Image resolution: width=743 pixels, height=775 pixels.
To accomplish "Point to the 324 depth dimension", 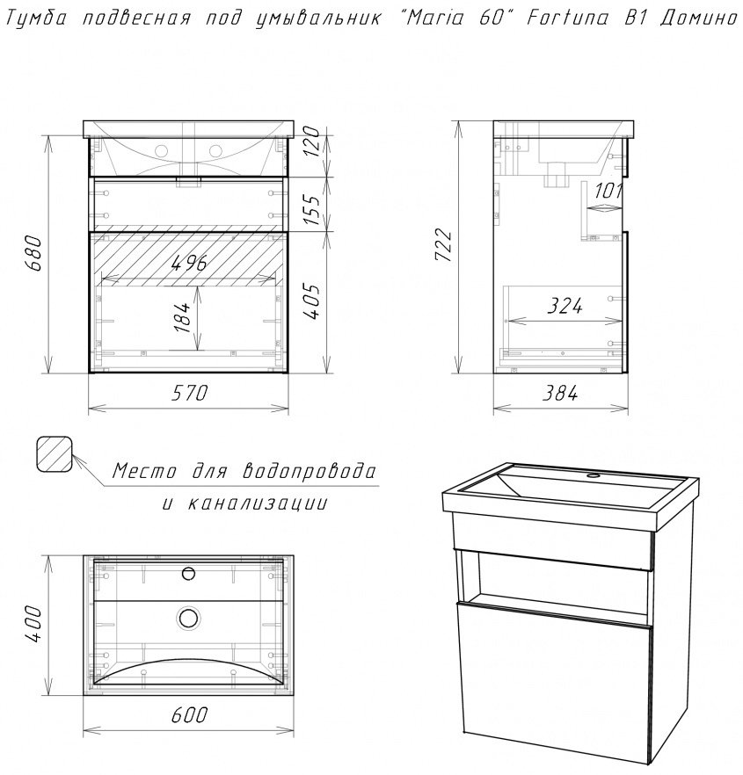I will click(x=565, y=306).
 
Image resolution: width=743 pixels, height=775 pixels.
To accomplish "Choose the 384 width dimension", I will click(x=558, y=394).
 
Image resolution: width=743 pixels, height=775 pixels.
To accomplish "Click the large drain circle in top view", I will click(x=188, y=617).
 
